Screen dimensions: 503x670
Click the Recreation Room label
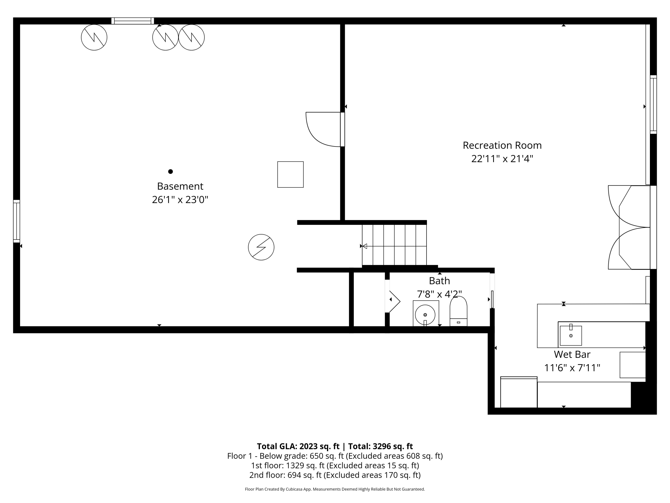pos(502,146)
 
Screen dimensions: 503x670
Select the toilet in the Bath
pos(458,311)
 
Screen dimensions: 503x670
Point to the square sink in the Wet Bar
pos(571,335)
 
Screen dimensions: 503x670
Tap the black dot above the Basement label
pos(171,172)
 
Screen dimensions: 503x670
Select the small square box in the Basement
pos(290,174)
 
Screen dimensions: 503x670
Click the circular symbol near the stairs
pos(261,247)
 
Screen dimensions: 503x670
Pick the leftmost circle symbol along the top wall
pos(94,37)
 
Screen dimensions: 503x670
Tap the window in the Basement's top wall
pos(133,21)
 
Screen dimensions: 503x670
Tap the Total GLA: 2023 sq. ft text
pos(298,446)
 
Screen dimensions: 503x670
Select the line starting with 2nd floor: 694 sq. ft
pos(335,475)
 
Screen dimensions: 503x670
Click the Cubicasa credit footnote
pos(335,489)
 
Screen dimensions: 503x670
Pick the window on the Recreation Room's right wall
pos(653,104)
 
